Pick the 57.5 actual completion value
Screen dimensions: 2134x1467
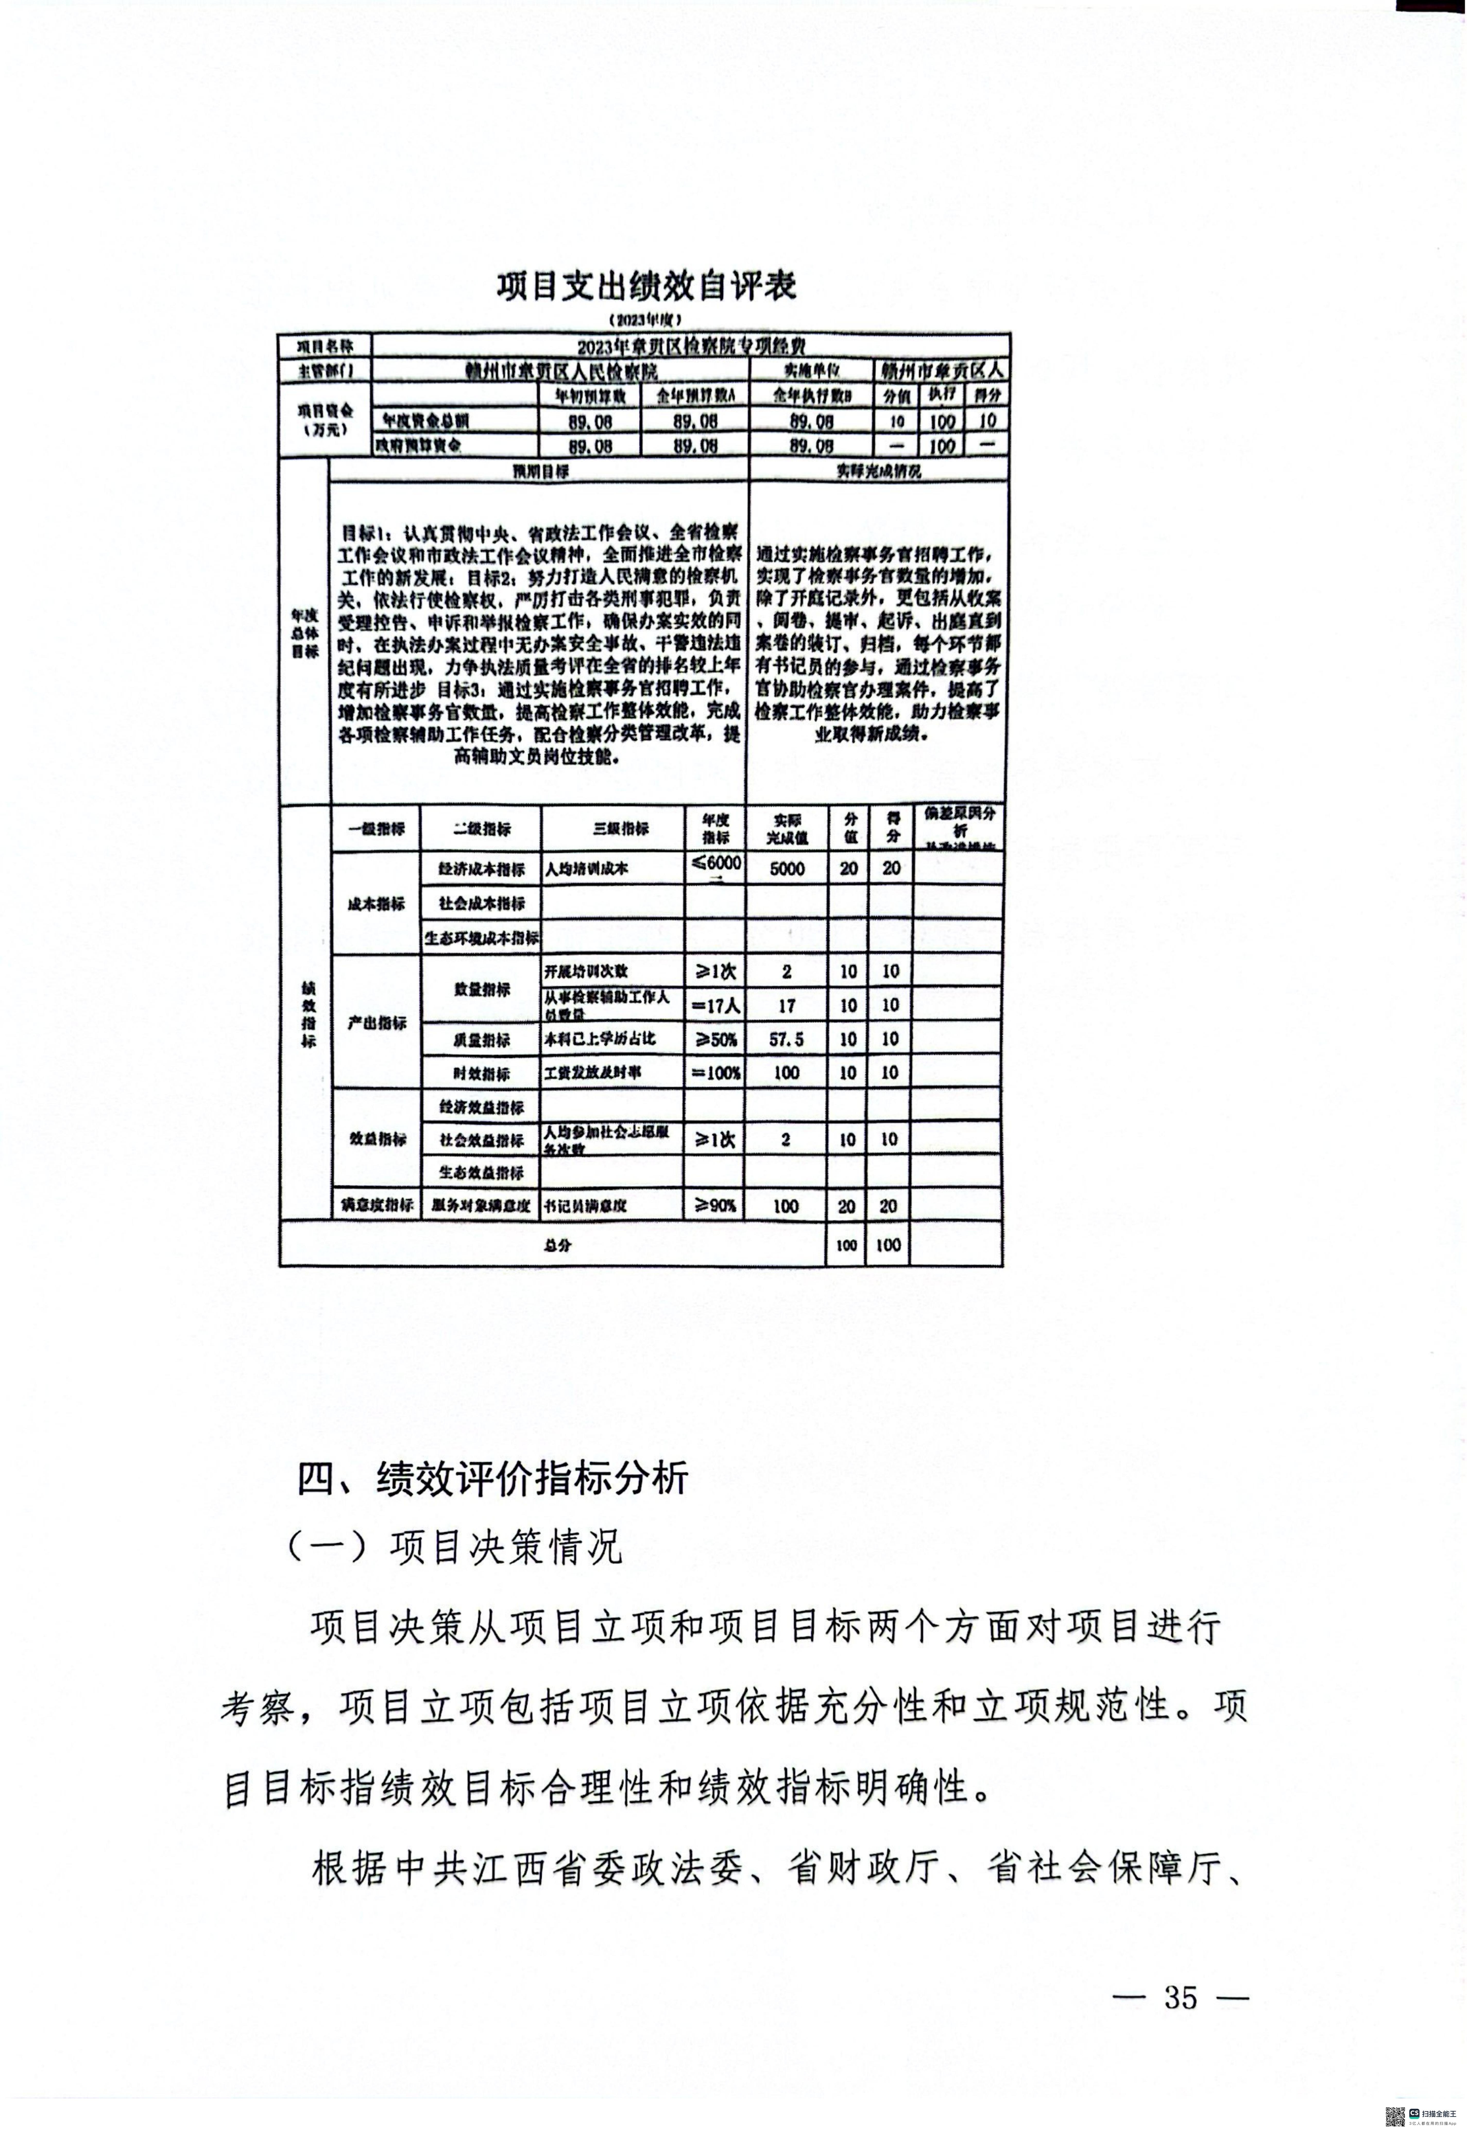tap(787, 1039)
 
